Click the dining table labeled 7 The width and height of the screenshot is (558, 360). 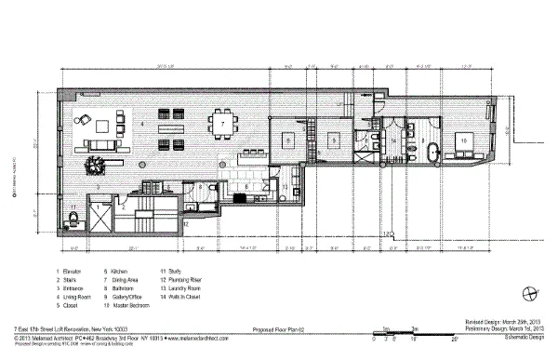click(222, 123)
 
